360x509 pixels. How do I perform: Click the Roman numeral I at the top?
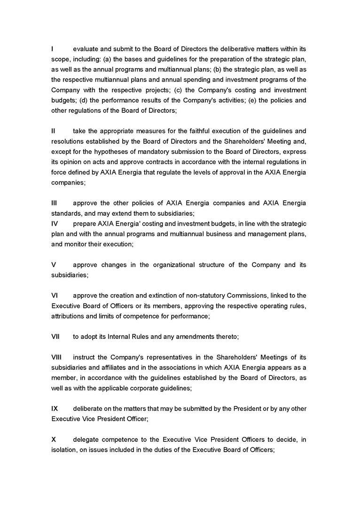[52, 49]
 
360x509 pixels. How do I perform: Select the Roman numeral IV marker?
[55, 223]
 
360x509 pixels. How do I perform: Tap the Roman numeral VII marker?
[56, 337]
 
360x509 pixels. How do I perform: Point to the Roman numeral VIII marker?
[57, 357]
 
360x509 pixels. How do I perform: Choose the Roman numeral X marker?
[54, 439]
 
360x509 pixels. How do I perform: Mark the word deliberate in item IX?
[89, 408]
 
